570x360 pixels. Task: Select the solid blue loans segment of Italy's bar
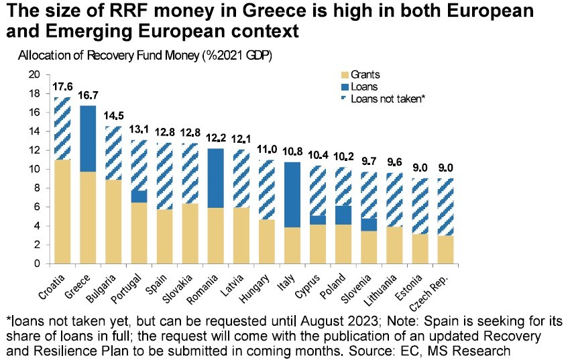[293, 194]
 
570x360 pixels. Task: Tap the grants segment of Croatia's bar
[62, 211]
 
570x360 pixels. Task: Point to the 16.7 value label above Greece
[89, 96]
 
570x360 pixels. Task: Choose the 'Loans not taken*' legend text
[389, 98]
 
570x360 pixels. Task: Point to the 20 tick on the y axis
[36, 74]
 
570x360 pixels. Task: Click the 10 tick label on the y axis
[36, 169]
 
